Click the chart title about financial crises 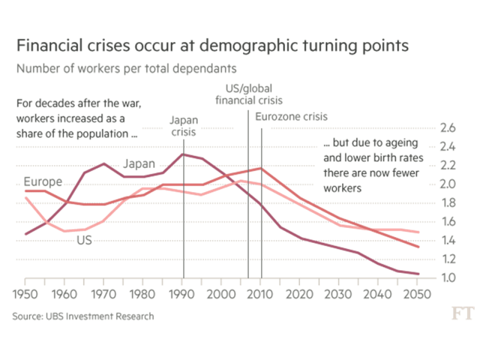(x=213, y=46)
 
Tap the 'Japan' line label (x=140, y=164)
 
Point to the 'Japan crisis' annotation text (x=183, y=126)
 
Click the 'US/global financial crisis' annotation (x=248, y=95)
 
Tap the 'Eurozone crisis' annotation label (x=292, y=117)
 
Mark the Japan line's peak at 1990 (x=182, y=154)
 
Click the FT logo (x=463, y=313)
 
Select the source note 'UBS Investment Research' (x=83, y=316)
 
